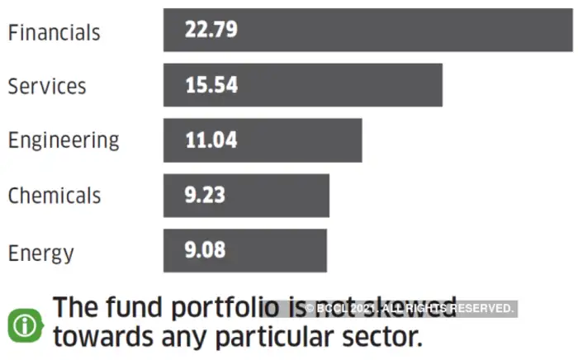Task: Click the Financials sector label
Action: (x=54, y=32)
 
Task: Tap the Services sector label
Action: (x=47, y=86)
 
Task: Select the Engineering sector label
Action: (x=64, y=140)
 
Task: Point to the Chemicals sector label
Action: (x=54, y=196)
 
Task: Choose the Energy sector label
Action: (x=40, y=252)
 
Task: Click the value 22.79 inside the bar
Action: (x=211, y=31)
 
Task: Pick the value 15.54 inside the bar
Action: (x=211, y=85)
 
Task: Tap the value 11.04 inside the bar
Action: (x=211, y=140)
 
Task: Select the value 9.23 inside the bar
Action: (x=206, y=196)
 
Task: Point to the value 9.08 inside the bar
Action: (x=206, y=250)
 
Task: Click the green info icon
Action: (x=25, y=324)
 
